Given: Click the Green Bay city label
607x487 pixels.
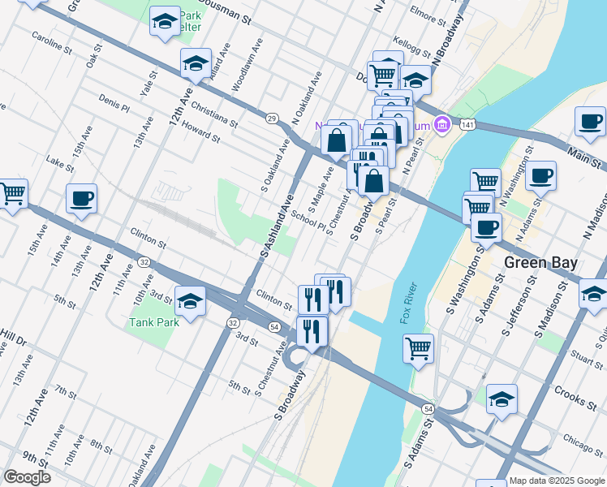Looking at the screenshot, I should click(x=540, y=263).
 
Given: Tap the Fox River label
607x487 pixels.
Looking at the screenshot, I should click(x=408, y=304).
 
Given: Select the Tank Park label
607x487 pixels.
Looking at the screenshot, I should click(x=153, y=322).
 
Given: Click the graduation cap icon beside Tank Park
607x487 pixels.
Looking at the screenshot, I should click(x=190, y=302).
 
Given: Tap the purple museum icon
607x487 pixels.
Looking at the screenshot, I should click(x=442, y=125).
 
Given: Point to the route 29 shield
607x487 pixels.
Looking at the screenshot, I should click(x=273, y=119).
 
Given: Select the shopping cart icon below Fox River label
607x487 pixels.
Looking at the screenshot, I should click(x=418, y=349).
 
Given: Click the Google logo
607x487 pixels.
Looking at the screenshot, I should click(x=26, y=477).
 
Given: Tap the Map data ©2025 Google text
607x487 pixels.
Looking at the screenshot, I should click(x=557, y=481).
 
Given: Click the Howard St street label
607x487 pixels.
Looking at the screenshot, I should click(x=201, y=131).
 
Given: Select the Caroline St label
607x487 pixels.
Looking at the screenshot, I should click(x=51, y=41).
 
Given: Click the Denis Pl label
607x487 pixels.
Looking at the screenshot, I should click(x=114, y=102).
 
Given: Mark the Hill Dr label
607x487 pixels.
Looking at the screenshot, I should click(x=13, y=334).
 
